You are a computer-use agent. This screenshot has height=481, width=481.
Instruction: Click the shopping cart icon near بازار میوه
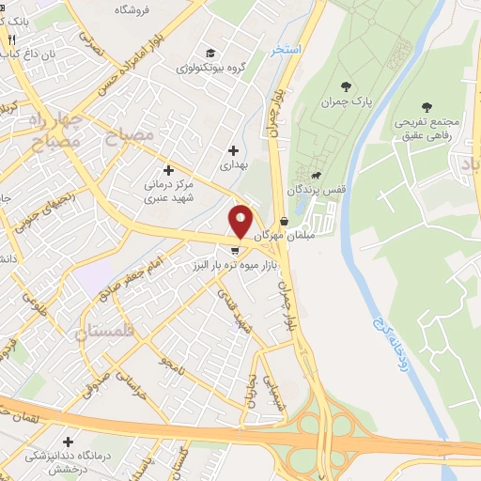point(234,250)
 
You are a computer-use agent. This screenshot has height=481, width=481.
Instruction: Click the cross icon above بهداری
point(233,149)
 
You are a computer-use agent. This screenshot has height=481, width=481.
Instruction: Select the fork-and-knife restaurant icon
point(11,40)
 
